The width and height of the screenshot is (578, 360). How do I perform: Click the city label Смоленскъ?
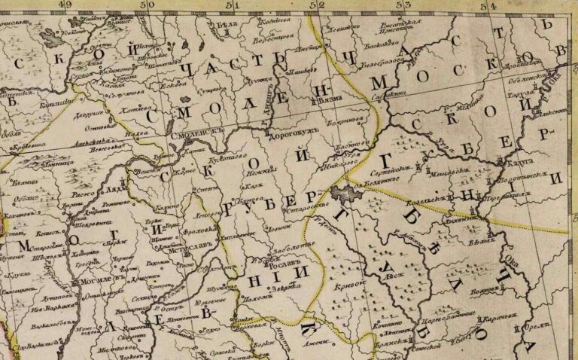click(199, 130)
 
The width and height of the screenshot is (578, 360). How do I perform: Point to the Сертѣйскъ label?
click(403, 169)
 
